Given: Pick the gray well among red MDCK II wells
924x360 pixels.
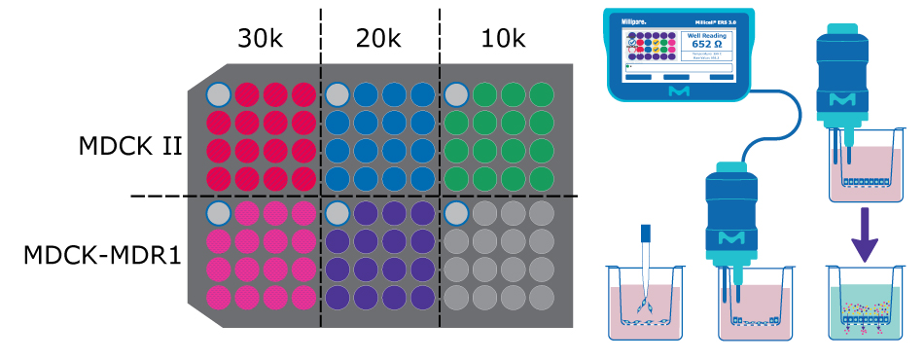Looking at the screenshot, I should pyautogui.click(x=219, y=94).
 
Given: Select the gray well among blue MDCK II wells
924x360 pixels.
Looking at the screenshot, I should pyautogui.click(x=338, y=94).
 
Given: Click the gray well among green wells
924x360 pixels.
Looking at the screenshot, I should pyautogui.click(x=456, y=94).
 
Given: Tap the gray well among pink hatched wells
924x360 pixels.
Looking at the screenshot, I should pyautogui.click(x=219, y=212).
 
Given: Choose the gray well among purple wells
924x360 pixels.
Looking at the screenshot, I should pyautogui.click(x=338, y=212).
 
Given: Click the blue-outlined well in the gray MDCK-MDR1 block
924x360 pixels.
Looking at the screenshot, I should pyautogui.click(x=456, y=212).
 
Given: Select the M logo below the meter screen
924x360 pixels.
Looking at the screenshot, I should pyautogui.click(x=680, y=90).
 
